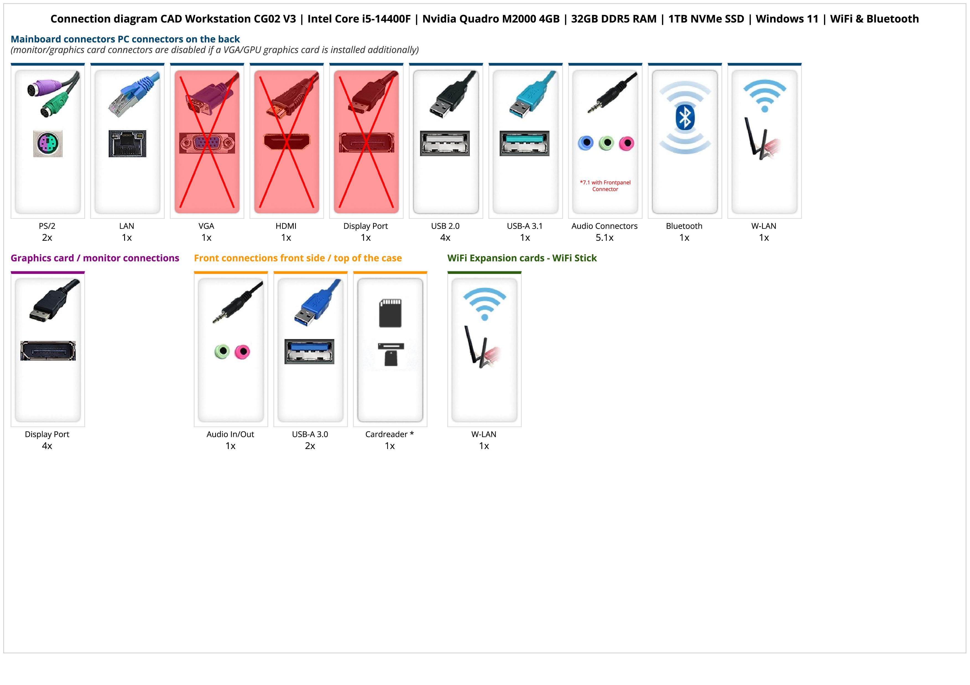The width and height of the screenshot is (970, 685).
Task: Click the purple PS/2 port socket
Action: point(48,144)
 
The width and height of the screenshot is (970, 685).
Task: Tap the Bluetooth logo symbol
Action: point(684,117)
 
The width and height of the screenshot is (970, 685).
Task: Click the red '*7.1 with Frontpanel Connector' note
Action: point(605,186)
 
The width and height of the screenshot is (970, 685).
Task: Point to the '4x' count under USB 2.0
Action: point(445,238)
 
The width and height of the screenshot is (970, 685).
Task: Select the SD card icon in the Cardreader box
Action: point(390,313)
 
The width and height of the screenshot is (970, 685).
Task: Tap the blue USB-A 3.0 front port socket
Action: point(309,351)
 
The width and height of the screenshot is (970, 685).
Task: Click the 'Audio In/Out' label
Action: point(230,434)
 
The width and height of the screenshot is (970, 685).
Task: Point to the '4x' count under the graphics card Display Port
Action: point(47,446)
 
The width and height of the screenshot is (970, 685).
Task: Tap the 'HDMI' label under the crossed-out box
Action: point(286,226)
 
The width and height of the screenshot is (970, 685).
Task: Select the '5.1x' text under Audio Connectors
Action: point(604,238)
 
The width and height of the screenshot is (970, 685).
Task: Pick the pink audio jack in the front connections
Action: point(242,351)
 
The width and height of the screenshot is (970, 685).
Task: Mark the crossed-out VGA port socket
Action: point(207,143)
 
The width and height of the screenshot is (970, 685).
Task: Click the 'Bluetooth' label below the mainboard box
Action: point(684,226)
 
